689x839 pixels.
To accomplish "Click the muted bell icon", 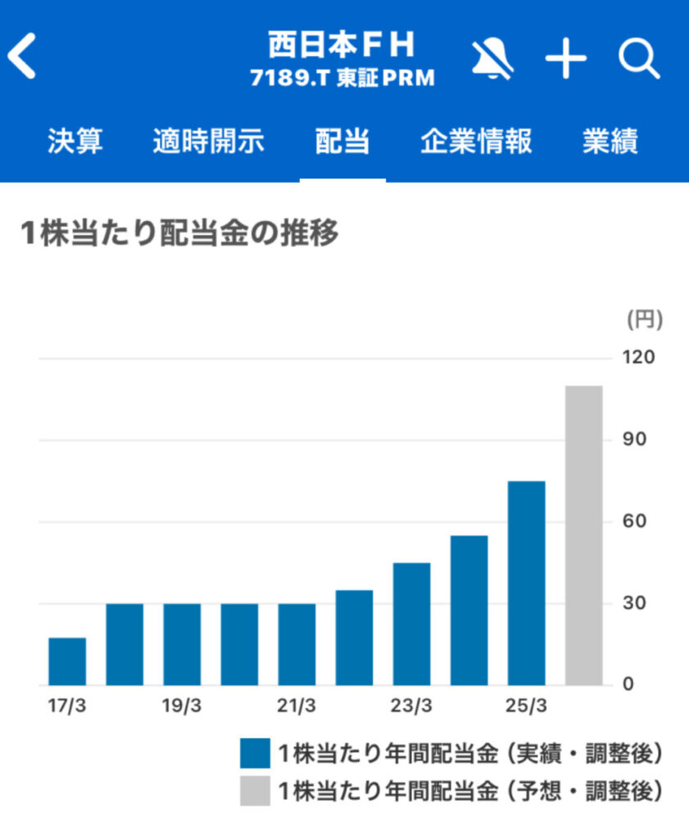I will click(492, 60).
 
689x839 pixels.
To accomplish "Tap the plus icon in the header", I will click(566, 60).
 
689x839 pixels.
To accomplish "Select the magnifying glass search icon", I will click(639, 59).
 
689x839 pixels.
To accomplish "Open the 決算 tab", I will click(75, 142).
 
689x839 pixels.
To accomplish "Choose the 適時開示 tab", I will click(208, 142).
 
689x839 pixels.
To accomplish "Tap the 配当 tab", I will click(342, 142).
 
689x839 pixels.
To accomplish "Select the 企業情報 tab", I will click(476, 142).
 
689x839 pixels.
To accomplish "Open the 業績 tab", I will click(610, 142).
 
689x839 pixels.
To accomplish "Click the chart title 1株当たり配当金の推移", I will click(179, 234).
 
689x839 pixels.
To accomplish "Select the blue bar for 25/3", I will click(526, 583).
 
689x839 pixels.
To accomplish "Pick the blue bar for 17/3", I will click(67, 661).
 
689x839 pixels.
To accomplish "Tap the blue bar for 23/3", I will click(411, 624).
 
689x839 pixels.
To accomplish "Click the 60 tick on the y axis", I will click(636, 522).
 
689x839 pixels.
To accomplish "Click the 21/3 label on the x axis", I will click(297, 706).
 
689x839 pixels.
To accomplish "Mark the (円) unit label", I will click(644, 320).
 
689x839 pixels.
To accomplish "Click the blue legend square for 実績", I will click(255, 752).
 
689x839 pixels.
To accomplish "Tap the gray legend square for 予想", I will click(255, 791).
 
